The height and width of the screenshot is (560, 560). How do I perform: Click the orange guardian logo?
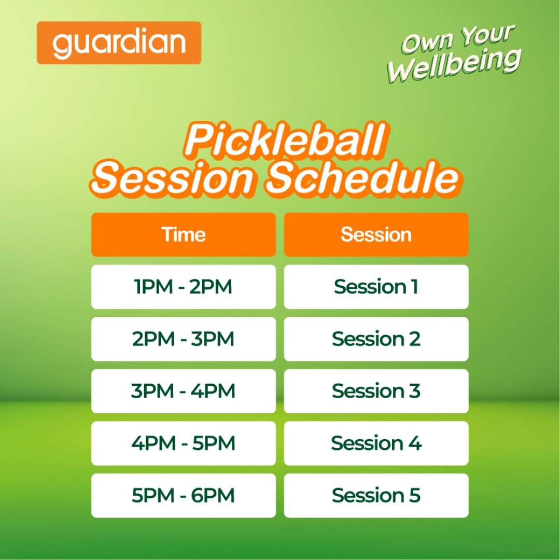click(119, 43)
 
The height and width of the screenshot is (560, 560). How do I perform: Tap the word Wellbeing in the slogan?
click(454, 65)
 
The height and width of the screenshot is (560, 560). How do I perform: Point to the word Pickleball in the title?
click(285, 141)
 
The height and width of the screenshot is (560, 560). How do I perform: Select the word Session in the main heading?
click(173, 178)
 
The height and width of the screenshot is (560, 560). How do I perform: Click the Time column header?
click(184, 235)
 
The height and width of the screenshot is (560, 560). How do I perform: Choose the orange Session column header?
click(376, 235)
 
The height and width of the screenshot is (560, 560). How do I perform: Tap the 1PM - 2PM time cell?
click(184, 287)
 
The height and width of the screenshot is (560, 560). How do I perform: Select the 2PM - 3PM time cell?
click(184, 339)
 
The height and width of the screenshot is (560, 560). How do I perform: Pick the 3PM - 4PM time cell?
click(184, 391)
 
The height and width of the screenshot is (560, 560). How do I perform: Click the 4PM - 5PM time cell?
click(184, 443)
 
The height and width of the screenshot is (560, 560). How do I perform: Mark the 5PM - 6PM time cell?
click(184, 495)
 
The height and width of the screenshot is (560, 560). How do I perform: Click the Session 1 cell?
click(376, 287)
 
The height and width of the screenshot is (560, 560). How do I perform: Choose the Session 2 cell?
click(376, 339)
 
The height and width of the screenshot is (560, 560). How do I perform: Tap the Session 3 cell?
click(376, 391)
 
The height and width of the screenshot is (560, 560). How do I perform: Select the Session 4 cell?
click(376, 443)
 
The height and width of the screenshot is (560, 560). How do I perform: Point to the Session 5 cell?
click(376, 495)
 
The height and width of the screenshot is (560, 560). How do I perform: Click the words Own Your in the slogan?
click(458, 38)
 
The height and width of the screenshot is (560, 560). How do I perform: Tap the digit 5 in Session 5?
click(414, 495)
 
